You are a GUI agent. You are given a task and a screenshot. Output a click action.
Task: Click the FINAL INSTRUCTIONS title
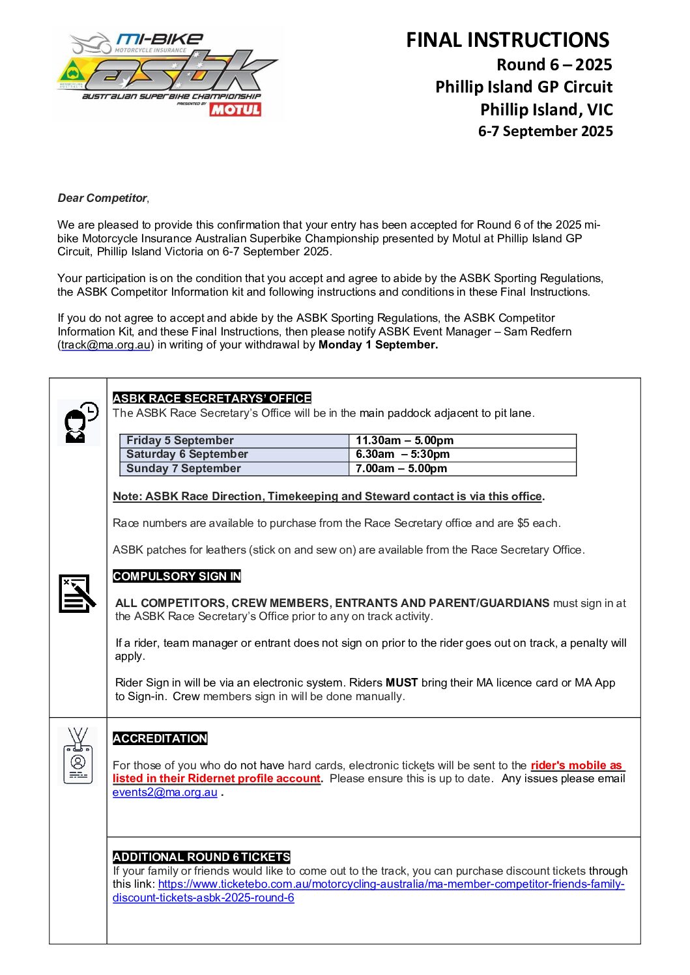(508, 40)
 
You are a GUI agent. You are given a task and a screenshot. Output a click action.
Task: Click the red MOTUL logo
(235, 109)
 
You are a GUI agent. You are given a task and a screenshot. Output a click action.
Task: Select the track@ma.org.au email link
(106, 345)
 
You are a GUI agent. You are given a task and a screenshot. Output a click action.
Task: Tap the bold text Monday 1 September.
(378, 345)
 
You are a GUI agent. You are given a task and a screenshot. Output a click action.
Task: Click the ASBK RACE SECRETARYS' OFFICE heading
(212, 399)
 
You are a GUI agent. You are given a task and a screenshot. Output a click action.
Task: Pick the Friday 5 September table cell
(180, 441)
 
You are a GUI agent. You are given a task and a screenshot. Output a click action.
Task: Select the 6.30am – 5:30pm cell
(403, 455)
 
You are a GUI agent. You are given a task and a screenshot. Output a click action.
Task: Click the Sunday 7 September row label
(184, 469)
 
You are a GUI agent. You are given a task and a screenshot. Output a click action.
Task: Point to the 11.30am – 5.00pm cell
(405, 441)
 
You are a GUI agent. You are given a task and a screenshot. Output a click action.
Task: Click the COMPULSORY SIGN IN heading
(177, 576)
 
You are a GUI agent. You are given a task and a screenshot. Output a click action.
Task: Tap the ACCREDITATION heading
(160, 739)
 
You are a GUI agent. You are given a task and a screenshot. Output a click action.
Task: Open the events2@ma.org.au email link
(165, 793)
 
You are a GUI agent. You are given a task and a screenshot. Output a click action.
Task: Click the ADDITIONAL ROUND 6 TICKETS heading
(201, 857)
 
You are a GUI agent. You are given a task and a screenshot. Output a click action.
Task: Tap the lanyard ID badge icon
(78, 756)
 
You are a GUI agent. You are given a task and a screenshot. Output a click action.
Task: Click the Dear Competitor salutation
(102, 198)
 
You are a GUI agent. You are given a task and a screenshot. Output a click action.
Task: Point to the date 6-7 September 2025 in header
(545, 132)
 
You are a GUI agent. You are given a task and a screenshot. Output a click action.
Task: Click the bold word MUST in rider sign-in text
(401, 683)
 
